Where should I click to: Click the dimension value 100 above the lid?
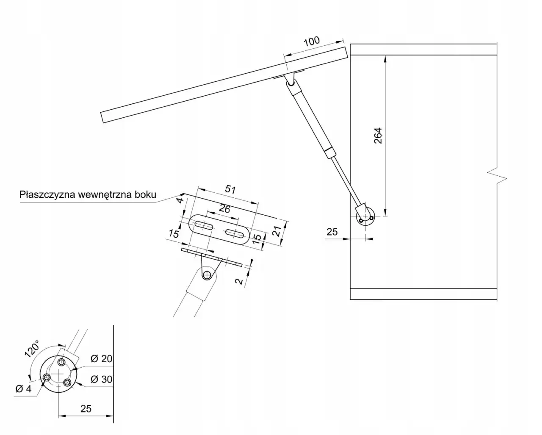(312, 42)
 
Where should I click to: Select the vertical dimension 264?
(378, 136)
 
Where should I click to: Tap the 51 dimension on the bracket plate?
(230, 190)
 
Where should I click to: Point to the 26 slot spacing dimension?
(225, 208)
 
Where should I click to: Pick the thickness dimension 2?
(240, 280)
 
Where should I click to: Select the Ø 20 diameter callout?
(101, 359)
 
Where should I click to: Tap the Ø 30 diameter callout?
(101, 379)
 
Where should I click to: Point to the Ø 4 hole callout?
(23, 389)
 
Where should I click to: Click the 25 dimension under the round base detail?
(86, 409)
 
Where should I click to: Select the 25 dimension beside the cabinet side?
(332, 232)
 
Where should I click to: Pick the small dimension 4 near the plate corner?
(180, 200)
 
